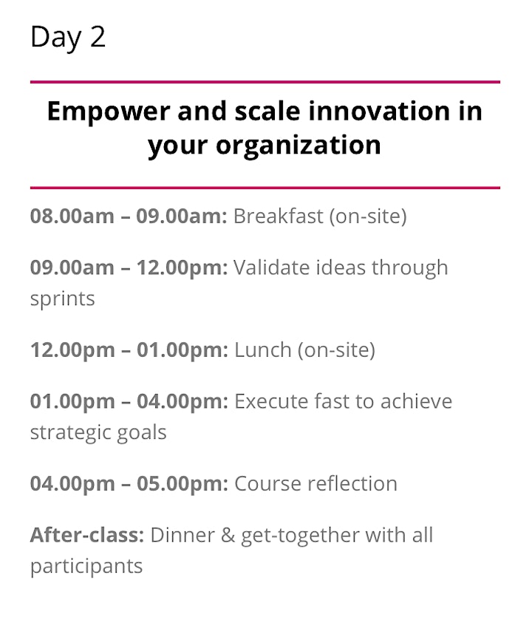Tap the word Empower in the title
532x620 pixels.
(x=109, y=112)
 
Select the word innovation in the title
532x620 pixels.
(x=379, y=111)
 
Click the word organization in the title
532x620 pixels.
(x=299, y=146)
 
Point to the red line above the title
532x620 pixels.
(x=265, y=82)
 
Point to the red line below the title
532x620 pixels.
(x=265, y=188)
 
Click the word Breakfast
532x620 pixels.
(x=279, y=216)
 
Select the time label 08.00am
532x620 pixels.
(x=72, y=216)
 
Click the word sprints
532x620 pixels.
(x=63, y=299)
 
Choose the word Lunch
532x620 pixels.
(x=263, y=350)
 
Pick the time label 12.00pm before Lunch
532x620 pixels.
(x=72, y=350)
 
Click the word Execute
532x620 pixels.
(x=271, y=401)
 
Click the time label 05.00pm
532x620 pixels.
(x=183, y=483)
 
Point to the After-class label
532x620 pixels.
(x=87, y=535)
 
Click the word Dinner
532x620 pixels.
(x=183, y=535)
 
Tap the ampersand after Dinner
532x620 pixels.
(x=228, y=535)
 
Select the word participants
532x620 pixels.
(x=86, y=566)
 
